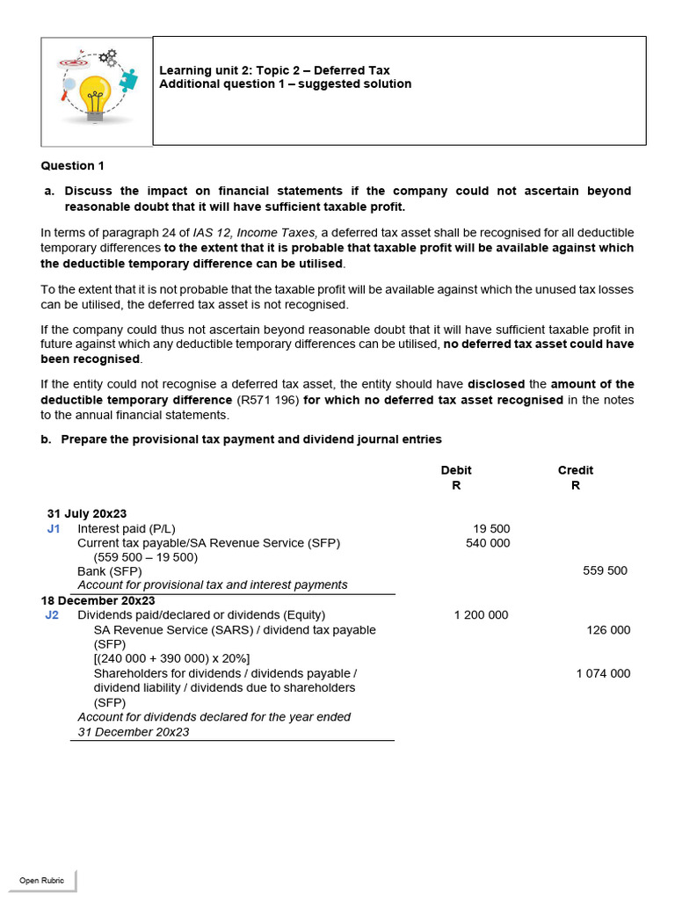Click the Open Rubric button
pos(41,880)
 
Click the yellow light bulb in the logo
pos(95,95)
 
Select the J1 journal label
pos(54,528)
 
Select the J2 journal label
pos(52,615)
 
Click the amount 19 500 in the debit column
pos(491,528)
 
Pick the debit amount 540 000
pos(488,543)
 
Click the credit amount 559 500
pos(605,570)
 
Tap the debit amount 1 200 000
pos(481,615)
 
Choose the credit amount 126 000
pos(608,630)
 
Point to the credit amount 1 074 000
pos(603,673)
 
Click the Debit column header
pos(456,470)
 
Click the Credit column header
pos(575,470)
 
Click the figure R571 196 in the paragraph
pos(268,400)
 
